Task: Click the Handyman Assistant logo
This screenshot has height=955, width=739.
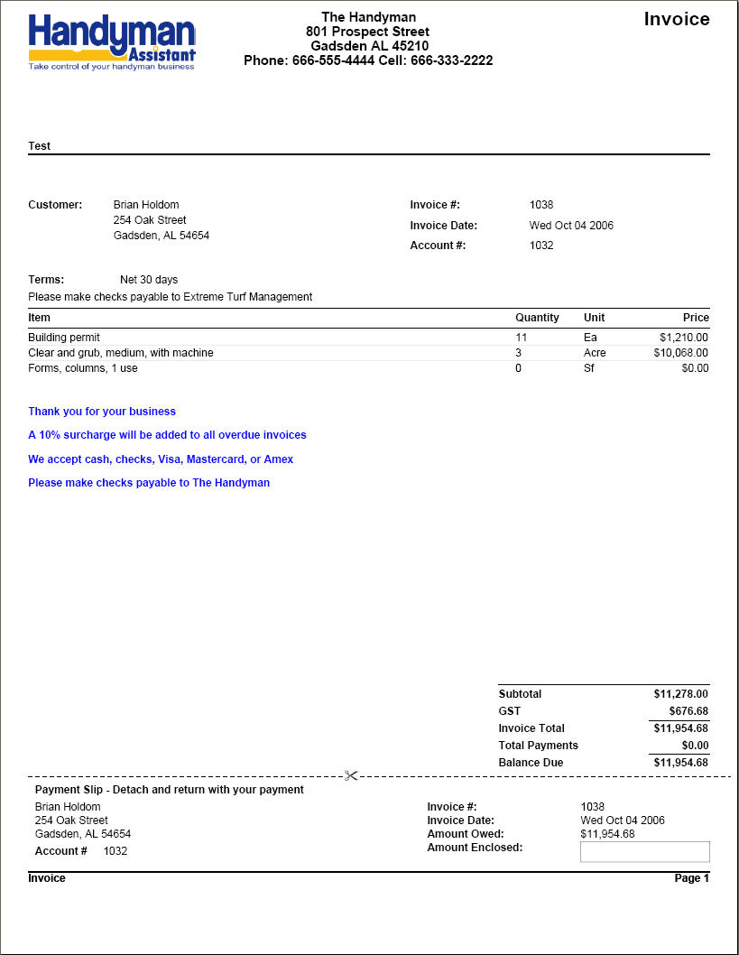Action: coord(112,42)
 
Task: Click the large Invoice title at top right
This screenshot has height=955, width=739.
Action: coord(676,19)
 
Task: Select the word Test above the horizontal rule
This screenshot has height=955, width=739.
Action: coord(40,145)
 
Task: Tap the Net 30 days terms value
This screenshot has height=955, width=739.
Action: coord(149,280)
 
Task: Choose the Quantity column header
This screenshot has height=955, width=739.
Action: coord(537,318)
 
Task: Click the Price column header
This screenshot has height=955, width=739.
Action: coord(696,318)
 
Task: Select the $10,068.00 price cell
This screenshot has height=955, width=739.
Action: coord(681,353)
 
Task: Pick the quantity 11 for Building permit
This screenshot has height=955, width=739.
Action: coord(521,338)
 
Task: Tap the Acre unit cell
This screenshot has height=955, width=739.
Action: coord(595,353)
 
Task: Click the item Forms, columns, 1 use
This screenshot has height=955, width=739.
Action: coord(83,368)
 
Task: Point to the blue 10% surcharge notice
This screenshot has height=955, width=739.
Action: coord(167,435)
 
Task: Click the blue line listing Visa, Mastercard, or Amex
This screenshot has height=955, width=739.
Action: coord(161,459)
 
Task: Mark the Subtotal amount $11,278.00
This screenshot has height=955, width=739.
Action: coord(680,694)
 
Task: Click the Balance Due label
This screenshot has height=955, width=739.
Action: coord(531,763)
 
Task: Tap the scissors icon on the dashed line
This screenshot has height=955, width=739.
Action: coord(351,775)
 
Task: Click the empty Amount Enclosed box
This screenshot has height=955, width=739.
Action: coord(644,851)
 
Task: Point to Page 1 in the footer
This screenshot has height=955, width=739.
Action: coord(692,878)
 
